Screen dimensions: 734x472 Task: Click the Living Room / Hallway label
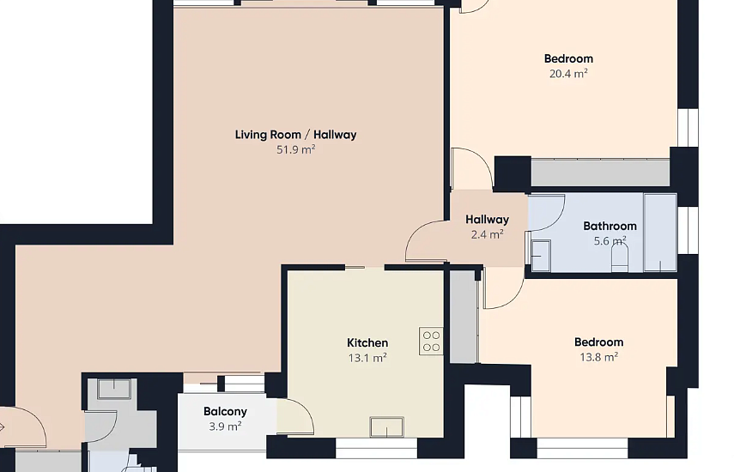tap(295, 135)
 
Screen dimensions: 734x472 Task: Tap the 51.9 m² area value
tap(295, 149)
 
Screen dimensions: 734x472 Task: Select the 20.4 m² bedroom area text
tap(568, 74)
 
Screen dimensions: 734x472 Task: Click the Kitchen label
tap(367, 343)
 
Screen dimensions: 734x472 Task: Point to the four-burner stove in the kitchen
tap(431, 341)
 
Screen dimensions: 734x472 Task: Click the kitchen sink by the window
tap(386, 427)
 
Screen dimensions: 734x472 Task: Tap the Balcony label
tap(225, 412)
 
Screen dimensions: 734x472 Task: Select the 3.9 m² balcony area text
tap(225, 427)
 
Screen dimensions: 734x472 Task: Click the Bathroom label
tap(610, 226)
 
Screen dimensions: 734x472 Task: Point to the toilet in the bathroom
tap(619, 258)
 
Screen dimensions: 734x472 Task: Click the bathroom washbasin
tap(541, 256)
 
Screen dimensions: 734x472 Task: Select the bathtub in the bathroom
tap(660, 233)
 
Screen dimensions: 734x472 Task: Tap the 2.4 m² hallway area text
tap(488, 234)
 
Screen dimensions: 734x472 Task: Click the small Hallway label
tap(488, 220)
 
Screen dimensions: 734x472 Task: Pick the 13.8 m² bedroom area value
tap(598, 357)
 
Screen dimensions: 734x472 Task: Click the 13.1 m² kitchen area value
tap(367, 359)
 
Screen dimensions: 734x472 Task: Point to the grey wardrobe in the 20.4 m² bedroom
tap(601, 172)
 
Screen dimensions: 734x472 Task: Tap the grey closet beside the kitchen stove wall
tap(464, 316)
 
